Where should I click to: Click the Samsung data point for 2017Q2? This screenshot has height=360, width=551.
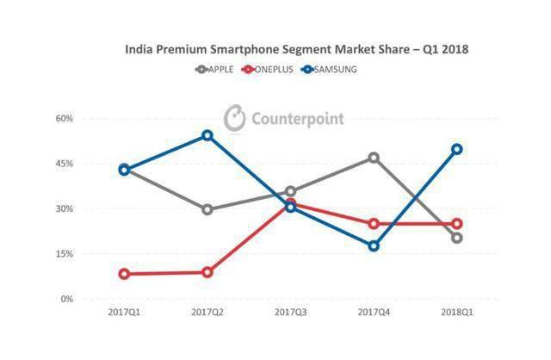point(207,135)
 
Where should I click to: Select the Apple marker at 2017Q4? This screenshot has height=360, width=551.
point(374,158)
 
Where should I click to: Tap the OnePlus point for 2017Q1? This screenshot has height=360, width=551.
point(125,274)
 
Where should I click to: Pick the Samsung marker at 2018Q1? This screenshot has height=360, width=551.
point(456,149)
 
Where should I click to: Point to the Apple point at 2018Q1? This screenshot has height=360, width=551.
point(456,238)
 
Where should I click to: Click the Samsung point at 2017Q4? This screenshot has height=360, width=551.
point(374,246)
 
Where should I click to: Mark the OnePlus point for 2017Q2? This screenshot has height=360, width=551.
point(207,272)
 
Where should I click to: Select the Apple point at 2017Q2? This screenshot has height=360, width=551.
point(207,209)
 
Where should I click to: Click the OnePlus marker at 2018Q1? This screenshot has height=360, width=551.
point(456,224)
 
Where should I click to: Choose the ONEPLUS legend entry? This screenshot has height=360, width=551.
point(274,70)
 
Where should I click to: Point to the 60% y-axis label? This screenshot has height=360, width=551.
point(88,118)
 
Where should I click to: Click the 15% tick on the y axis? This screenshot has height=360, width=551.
point(88,254)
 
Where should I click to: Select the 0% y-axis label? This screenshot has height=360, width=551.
point(90,299)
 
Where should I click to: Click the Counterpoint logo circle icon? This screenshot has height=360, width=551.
point(234,118)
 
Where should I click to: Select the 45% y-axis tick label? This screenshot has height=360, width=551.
point(88,164)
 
